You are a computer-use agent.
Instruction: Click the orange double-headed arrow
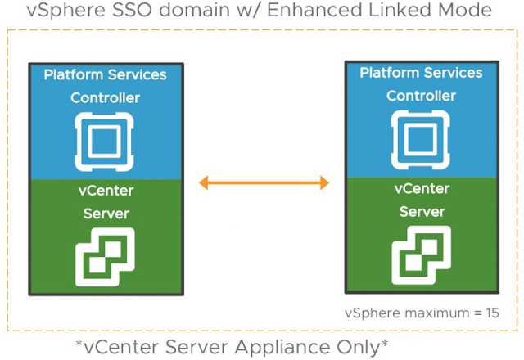263,182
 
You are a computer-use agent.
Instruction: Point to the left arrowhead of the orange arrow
206,182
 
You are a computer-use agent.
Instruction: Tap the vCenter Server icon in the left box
104,254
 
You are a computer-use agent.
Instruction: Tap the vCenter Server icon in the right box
421,252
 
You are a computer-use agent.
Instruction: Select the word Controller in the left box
105,98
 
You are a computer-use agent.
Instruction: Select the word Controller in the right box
421,96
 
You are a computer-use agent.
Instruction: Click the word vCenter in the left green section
106,191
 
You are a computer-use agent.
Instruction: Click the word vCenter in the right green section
422,189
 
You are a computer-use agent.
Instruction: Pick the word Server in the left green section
106,214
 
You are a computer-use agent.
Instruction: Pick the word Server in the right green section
422,211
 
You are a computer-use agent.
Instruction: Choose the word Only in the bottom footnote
366,346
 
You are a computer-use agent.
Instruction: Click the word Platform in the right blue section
390,74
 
